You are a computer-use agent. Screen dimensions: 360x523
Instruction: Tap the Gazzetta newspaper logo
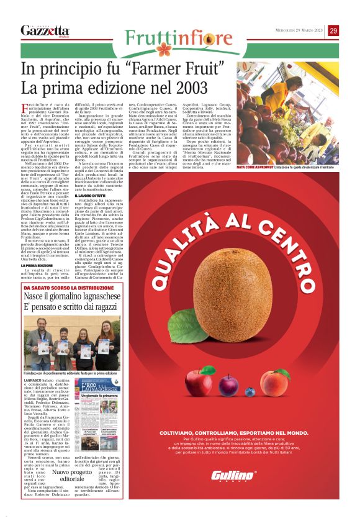45,31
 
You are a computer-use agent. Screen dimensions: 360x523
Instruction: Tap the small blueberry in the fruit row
250,391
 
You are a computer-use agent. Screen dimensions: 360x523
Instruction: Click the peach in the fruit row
274,381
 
